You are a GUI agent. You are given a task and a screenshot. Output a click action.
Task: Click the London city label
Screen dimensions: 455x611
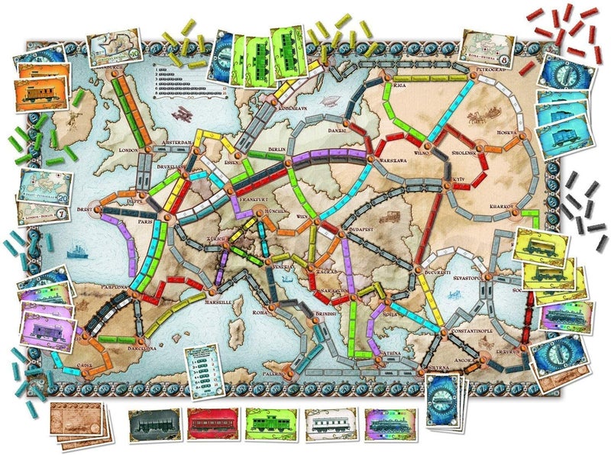click(128, 150)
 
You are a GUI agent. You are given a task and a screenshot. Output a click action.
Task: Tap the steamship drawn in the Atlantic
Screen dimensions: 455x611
click(76, 248)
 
